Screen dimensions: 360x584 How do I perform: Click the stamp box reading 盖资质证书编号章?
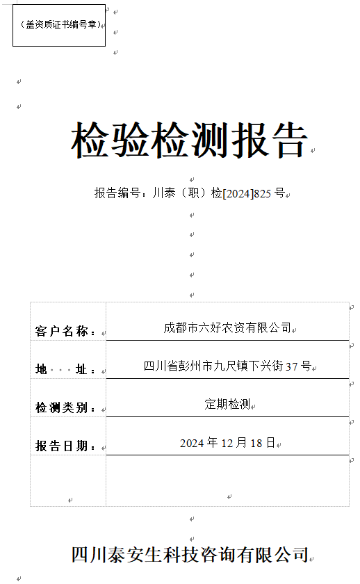pyautogui.click(x=59, y=25)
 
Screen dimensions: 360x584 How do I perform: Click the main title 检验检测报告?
pyautogui.click(x=190, y=140)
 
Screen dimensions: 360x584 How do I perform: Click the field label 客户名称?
pyautogui.click(x=62, y=331)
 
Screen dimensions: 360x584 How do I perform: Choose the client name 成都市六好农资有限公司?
pyautogui.click(x=227, y=327)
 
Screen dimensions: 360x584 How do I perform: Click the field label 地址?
pyautogui.click(x=61, y=369)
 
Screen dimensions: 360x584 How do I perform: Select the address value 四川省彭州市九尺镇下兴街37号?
pyautogui.click(x=227, y=366)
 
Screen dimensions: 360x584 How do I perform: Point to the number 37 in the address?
pyautogui.click(x=291, y=367)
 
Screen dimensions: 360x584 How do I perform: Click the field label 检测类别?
pyautogui.click(x=61, y=407)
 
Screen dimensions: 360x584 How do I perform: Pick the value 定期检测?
pyautogui.click(x=227, y=404)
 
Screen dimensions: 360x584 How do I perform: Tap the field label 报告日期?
pyautogui.click(x=61, y=446)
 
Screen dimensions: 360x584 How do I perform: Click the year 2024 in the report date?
pyautogui.click(x=192, y=444)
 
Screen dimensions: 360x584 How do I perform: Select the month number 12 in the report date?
pyautogui.click(x=227, y=444)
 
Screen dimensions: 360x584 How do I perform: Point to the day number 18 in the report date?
pyautogui.click(x=256, y=444)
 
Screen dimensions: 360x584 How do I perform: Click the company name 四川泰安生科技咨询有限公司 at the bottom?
pyautogui.click(x=190, y=555)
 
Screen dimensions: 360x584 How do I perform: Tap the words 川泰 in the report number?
pyautogui.click(x=164, y=193)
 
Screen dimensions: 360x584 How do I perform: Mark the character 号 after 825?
pyautogui.click(x=279, y=193)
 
